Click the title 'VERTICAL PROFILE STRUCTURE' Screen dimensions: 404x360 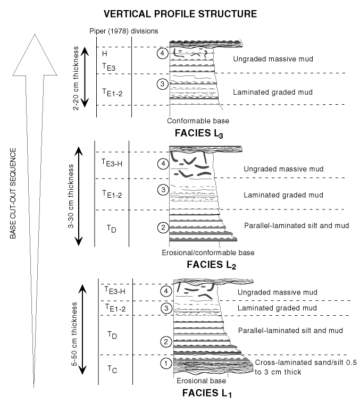coord(181,12)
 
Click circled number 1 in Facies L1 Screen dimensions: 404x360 coord(165,363)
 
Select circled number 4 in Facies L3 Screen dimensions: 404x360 coord(163,54)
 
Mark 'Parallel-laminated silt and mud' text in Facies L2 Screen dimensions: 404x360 coord(296,225)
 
